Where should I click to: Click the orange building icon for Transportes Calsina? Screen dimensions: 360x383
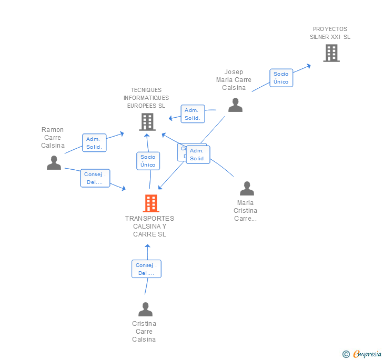pos(150,203)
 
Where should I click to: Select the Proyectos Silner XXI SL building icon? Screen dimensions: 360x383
pos(331,53)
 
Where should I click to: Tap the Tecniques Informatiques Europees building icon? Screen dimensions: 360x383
pos(147,122)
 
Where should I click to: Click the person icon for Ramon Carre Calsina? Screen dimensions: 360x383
pos(54,163)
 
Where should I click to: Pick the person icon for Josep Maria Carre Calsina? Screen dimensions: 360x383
pos(235,105)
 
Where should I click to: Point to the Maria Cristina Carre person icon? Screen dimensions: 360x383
pos(246,189)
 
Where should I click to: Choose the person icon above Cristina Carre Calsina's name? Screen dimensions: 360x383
pos(145,310)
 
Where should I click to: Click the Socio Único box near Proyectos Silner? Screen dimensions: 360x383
pos(281,78)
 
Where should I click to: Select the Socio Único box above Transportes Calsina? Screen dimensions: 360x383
pos(148,161)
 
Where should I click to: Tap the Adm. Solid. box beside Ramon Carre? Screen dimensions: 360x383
pos(94,143)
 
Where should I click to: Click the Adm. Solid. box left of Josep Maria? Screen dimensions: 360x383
pos(193,114)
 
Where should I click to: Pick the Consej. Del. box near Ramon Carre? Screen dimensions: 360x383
pos(95,179)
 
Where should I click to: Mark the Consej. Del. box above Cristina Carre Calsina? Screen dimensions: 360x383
pos(146,269)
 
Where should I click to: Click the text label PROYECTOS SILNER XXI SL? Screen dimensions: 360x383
pos(330,33)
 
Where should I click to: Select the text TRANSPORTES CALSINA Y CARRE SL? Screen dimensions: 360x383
pos(149,227)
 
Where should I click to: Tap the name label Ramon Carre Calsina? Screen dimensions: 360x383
pos(53,138)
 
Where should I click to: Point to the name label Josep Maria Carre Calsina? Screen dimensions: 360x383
pos(234,80)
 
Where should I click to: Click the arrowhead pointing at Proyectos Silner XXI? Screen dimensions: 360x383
pos(309,66)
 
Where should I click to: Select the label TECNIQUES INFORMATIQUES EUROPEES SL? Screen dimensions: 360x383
pos(146,98)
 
